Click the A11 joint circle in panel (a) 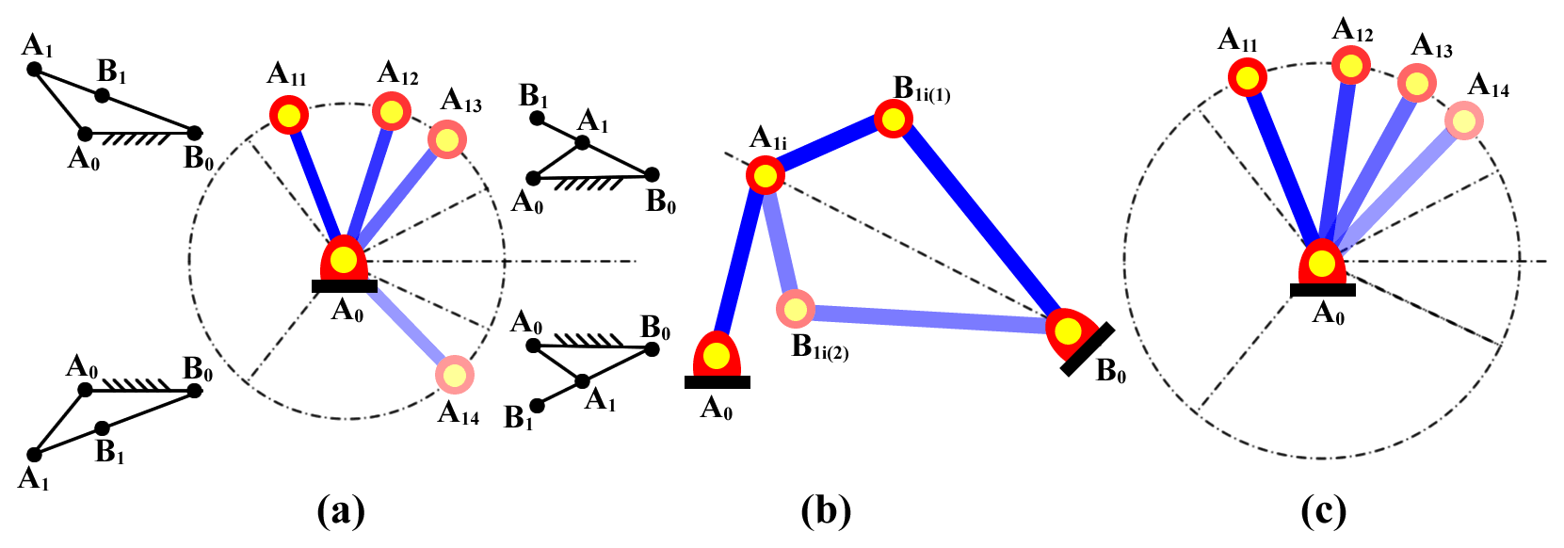tap(288, 116)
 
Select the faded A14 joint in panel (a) tap(455, 376)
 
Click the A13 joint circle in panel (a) tap(447, 140)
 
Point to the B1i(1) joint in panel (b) tap(893, 119)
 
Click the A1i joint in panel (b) tap(766, 175)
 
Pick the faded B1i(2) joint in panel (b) tap(796, 308)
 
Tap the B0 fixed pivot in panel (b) tap(1068, 331)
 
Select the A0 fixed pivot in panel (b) tap(717, 357)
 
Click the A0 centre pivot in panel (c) tap(1322, 264)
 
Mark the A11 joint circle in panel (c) tap(1248, 78)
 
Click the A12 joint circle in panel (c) tap(1351, 65)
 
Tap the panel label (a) tap(341, 511)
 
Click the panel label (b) tap(826, 511)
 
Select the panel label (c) tap(1323, 511)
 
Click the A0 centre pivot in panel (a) tap(345, 260)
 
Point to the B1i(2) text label tap(820, 347)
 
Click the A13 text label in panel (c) tap(1432, 46)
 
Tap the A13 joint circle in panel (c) tap(1415, 84)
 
